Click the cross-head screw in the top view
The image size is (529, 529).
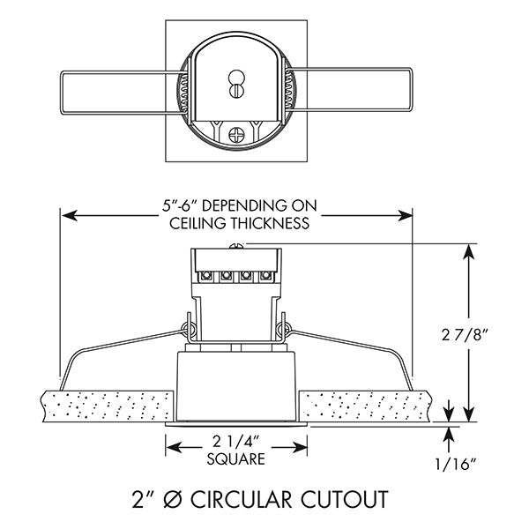point(235,135)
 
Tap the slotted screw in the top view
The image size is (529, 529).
point(235,86)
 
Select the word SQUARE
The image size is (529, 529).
point(235,458)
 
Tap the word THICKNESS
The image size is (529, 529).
point(269,223)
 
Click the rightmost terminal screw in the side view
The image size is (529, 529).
point(264,274)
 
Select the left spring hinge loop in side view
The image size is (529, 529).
point(188,331)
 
